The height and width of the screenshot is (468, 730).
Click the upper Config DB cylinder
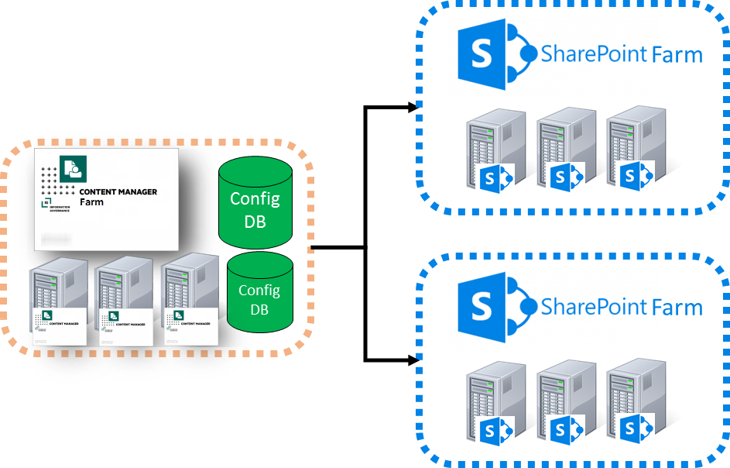255,200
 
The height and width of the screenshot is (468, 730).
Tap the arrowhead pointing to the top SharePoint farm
413,108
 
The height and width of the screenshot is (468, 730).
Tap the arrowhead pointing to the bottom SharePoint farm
413,360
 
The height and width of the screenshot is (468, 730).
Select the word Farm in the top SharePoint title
677,55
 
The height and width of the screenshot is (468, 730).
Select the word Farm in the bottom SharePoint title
677,308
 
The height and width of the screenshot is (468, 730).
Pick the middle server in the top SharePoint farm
559,151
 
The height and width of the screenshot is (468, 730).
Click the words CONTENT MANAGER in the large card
118,191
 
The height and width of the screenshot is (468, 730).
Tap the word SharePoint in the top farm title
595,55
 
